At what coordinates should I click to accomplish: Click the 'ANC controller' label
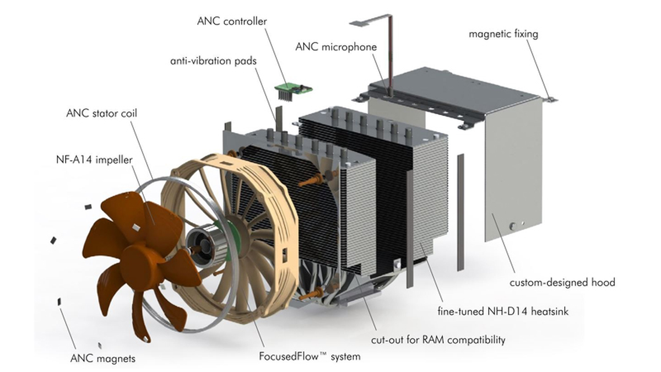point(232,21)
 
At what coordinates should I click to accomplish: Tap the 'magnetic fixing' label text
point(503,34)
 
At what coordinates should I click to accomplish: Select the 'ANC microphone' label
point(336,47)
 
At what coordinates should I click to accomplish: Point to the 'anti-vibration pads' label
point(213,61)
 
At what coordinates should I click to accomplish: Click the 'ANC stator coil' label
point(102,114)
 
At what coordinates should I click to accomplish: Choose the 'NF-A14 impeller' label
point(94,160)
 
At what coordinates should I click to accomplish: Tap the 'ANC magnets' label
point(102,358)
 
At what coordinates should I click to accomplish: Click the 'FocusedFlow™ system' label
point(310,357)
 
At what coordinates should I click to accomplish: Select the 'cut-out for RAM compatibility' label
point(438,340)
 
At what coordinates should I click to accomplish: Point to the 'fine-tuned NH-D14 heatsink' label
point(503,311)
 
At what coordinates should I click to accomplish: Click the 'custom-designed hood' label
point(562,283)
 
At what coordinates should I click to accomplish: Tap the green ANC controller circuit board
point(293,88)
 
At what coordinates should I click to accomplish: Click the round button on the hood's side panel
point(513,227)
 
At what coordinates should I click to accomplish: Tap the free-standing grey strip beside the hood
point(460,212)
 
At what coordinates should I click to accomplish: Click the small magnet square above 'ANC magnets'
point(59,301)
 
